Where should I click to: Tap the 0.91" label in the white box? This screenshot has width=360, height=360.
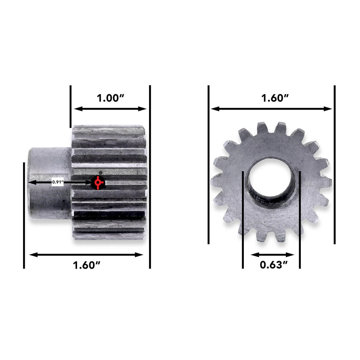click(58, 182)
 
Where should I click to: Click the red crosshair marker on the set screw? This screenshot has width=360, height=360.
click(98, 183)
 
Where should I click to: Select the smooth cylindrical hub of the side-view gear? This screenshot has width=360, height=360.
click(49, 183)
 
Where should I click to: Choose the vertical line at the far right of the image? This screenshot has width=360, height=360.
click(335, 165)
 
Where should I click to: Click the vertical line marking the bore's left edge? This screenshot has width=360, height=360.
click(243, 219)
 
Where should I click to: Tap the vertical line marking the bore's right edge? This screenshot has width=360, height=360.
click(300, 219)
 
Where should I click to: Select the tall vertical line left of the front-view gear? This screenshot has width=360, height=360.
click(208, 165)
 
